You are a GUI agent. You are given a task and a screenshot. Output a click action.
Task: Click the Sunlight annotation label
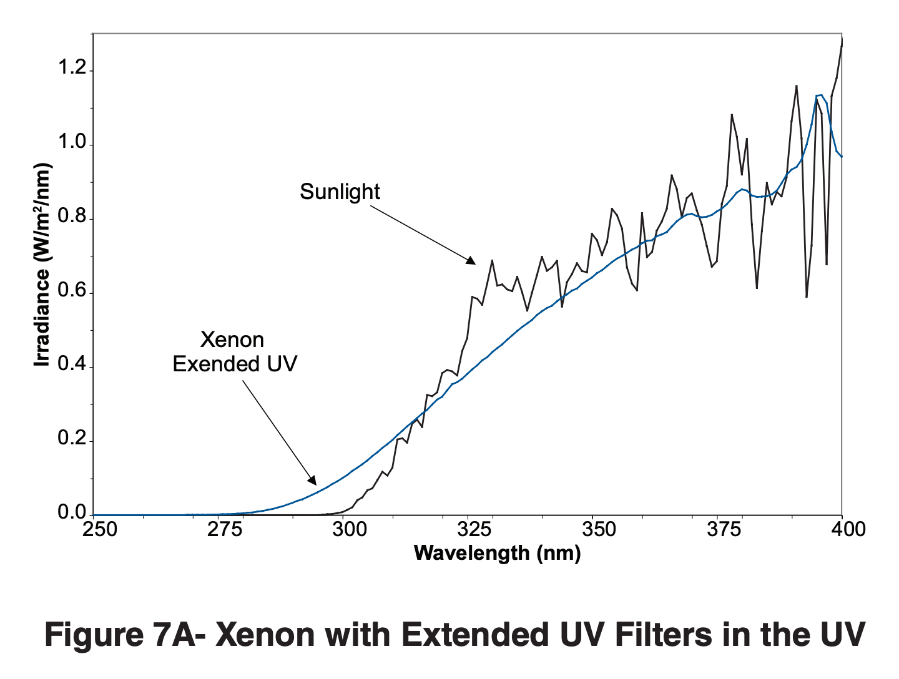pyautogui.click(x=340, y=192)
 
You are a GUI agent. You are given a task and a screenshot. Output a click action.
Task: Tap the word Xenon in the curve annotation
pyautogui.click(x=232, y=340)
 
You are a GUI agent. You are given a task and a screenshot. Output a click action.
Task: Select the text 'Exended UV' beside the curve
pyautogui.click(x=235, y=364)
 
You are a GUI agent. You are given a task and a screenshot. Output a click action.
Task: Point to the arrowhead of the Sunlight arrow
pyautogui.click(x=472, y=262)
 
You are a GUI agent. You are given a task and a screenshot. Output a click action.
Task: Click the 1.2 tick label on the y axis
pyautogui.click(x=72, y=68)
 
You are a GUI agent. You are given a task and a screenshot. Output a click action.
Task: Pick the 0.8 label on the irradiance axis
pyautogui.click(x=72, y=217)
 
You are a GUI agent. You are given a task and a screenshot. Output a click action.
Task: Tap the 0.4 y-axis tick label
pyautogui.click(x=72, y=364)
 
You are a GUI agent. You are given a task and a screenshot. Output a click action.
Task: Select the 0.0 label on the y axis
pyautogui.click(x=72, y=513)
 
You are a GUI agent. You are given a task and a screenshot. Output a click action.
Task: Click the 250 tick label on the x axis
pyautogui.click(x=100, y=530)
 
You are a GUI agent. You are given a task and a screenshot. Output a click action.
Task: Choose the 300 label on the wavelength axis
pyautogui.click(x=349, y=530)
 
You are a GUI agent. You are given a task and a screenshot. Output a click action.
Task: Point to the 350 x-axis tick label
pyautogui.click(x=599, y=530)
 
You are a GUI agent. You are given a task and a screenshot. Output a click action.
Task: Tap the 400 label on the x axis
pyautogui.click(x=848, y=530)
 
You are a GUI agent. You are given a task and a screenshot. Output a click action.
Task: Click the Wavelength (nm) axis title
pyautogui.click(x=497, y=553)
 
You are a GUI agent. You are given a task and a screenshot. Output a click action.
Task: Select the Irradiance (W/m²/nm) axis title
pyautogui.click(x=42, y=265)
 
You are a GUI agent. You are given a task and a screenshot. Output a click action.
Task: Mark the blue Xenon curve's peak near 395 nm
pyautogui.click(x=820, y=95)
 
